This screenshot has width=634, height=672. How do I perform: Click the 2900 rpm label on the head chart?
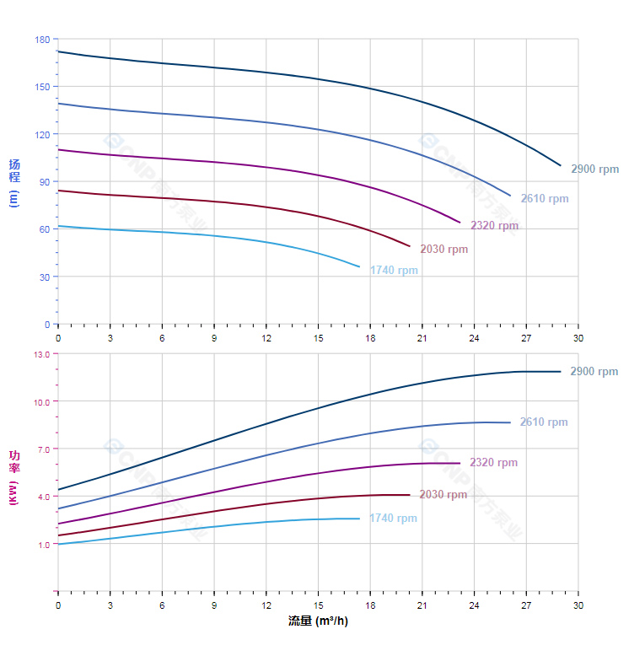[594, 169]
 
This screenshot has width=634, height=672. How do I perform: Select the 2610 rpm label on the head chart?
[544, 199]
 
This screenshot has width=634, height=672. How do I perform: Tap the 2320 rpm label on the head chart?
[494, 225]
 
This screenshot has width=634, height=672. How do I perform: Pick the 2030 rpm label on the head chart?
[443, 249]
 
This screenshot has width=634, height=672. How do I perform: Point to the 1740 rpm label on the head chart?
[394, 271]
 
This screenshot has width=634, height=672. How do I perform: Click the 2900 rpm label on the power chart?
[594, 372]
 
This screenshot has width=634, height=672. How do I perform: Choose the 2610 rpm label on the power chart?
[544, 422]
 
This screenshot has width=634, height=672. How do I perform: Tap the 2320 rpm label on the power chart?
[493, 463]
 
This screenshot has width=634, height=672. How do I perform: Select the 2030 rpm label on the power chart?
[443, 495]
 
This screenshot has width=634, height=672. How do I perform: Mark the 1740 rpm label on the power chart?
[393, 519]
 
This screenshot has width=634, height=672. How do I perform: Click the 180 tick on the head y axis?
[42, 40]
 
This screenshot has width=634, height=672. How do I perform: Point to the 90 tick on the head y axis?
[45, 182]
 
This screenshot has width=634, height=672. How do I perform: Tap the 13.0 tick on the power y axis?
[41, 354]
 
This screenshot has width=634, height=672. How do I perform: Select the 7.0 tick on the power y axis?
[44, 449]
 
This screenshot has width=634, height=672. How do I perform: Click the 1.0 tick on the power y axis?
[44, 544]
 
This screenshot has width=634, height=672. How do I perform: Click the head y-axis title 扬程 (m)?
[13, 182]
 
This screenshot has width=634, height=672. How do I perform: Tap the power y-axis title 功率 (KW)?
[13, 476]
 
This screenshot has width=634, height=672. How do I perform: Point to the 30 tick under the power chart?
[578, 605]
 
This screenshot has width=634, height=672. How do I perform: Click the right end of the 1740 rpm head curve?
[359, 267]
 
